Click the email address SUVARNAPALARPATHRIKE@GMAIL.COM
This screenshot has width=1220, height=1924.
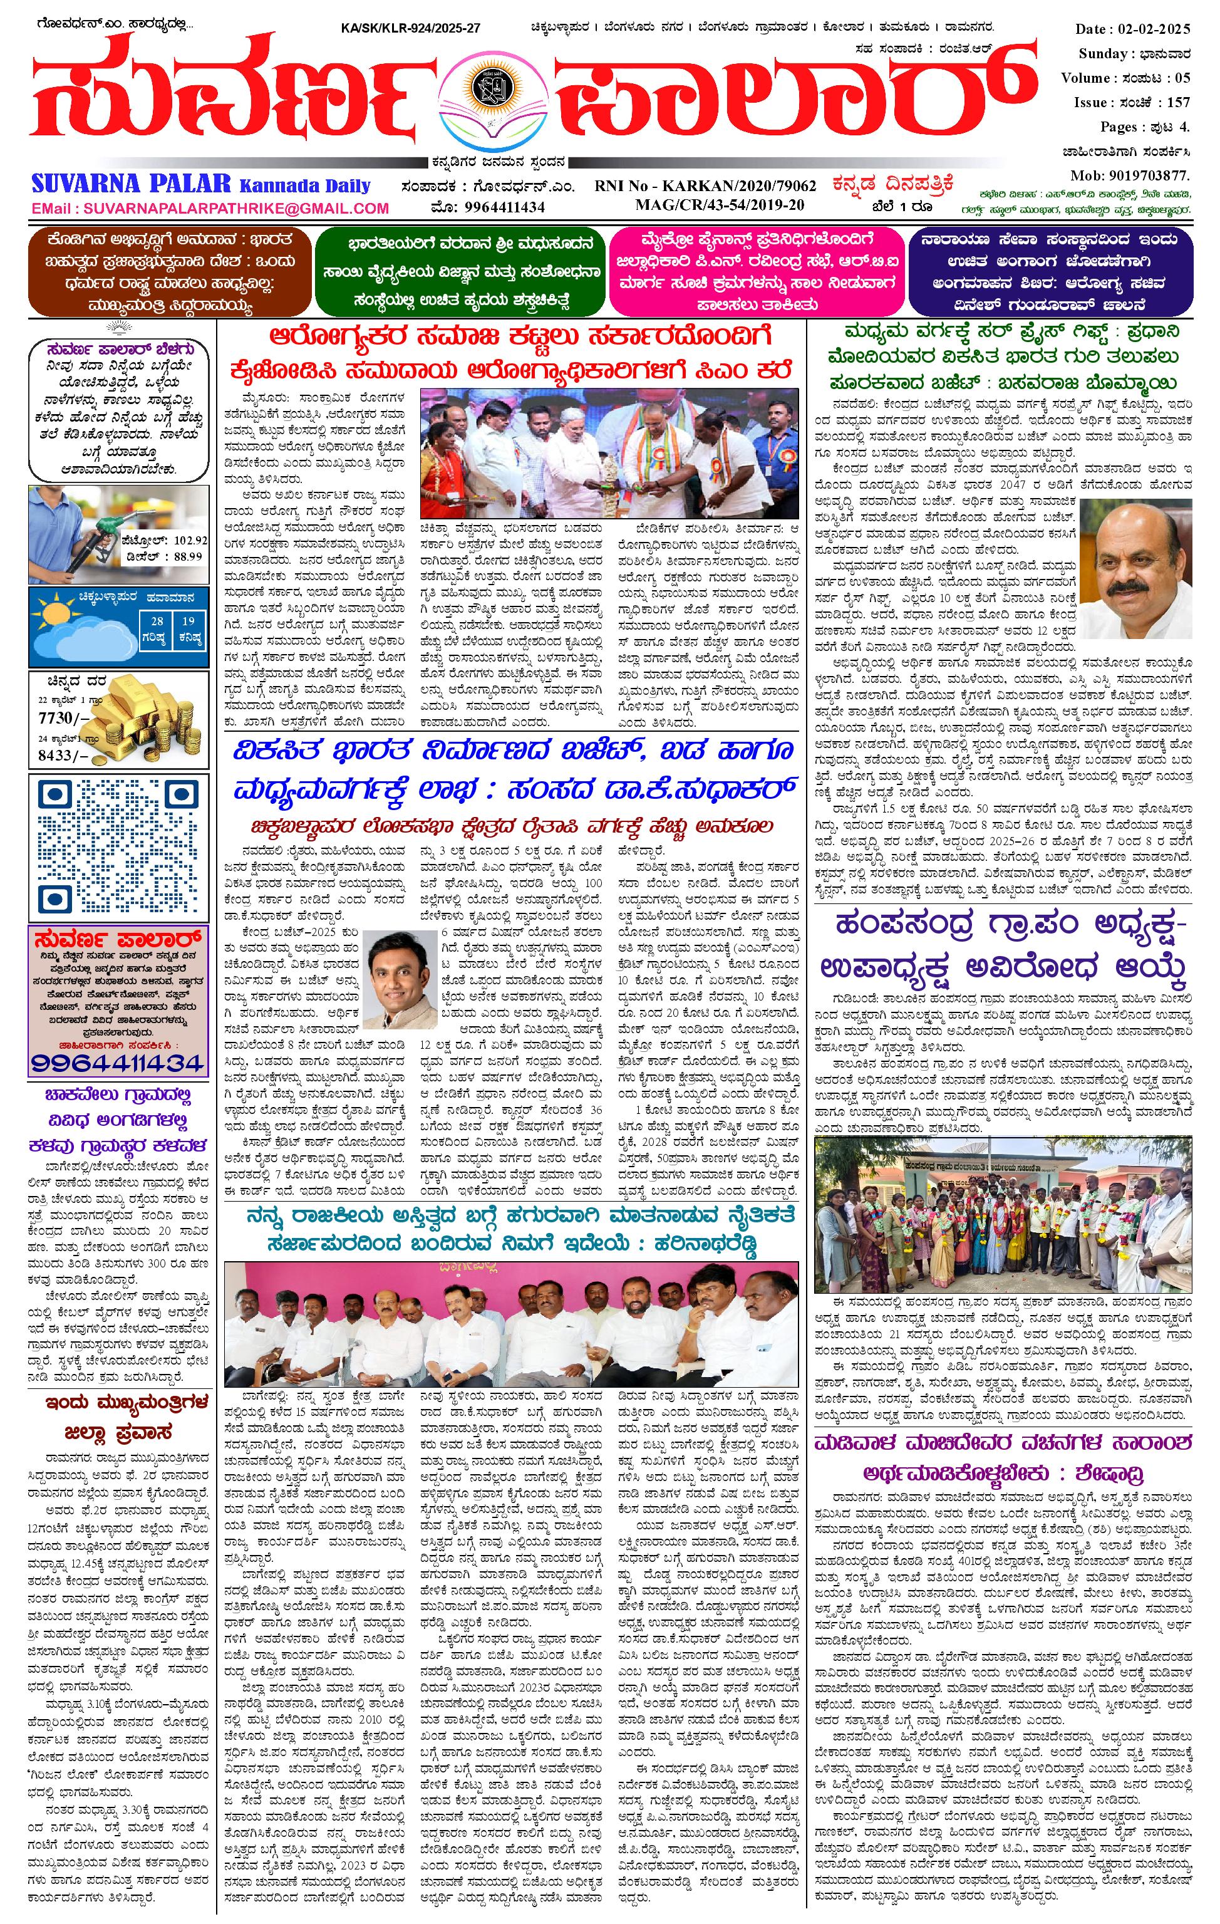210,209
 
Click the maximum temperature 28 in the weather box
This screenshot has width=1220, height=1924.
158,621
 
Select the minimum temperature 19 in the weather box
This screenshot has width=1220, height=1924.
188,621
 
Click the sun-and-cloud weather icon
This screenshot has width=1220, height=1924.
76,629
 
